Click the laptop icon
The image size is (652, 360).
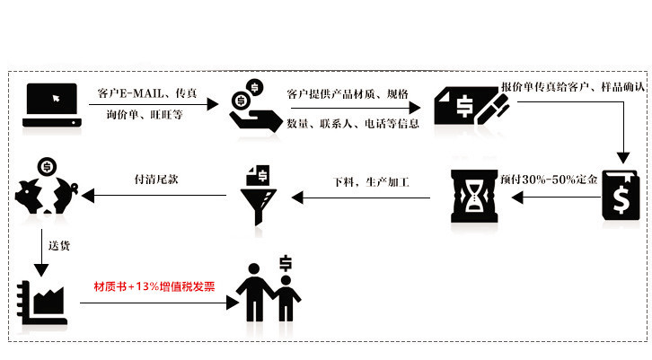tap(52, 103)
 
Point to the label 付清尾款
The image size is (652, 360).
tap(155, 179)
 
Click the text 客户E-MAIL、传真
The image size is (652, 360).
tap(147, 93)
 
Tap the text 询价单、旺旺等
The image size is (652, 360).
tap(144, 114)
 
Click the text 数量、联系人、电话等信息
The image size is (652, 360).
tap(353, 123)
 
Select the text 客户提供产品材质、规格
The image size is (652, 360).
tap(347, 93)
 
